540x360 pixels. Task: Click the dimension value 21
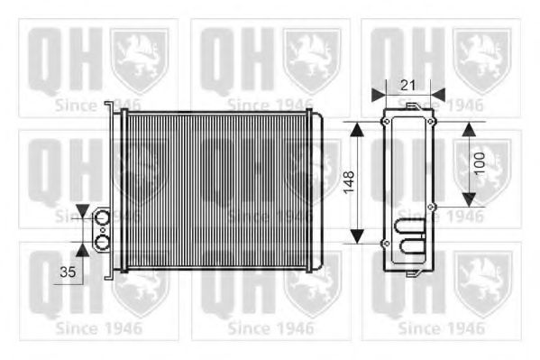tap(407, 84)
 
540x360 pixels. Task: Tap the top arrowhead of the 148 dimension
tap(358, 127)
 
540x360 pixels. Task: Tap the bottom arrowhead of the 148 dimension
tap(358, 236)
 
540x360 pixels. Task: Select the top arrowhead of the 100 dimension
tap(470, 127)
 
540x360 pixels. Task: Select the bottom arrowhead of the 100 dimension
tap(470, 199)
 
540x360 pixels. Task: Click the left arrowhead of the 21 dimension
tap(376, 92)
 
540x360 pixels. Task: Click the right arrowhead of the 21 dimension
tap(438, 92)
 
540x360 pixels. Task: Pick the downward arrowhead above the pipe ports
tap(84, 212)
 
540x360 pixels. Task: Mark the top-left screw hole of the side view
tap(386, 121)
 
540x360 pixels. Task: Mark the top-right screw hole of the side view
tap(431, 121)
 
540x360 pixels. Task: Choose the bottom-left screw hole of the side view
tap(386, 244)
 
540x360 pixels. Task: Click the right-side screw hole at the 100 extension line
tap(432, 207)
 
